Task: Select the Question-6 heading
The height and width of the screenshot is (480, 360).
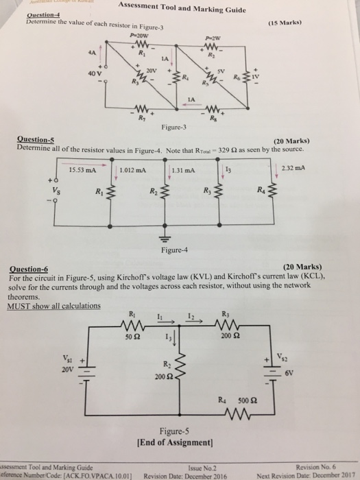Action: coord(27,268)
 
